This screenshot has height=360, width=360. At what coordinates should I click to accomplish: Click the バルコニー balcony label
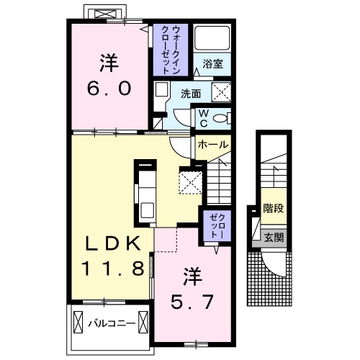tap(112, 324)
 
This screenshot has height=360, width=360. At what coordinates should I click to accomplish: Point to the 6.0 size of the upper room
tap(109, 89)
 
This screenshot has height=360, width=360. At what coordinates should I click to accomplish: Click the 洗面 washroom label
tap(190, 93)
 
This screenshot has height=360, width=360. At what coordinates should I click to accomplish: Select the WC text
tap(203, 117)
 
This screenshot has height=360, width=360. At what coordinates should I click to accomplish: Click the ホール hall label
tap(212, 145)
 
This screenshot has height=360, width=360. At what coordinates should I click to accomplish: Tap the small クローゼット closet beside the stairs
tap(216, 225)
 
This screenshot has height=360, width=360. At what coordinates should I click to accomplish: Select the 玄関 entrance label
tap(271, 237)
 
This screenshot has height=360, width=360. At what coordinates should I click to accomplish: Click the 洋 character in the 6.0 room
tap(109, 63)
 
